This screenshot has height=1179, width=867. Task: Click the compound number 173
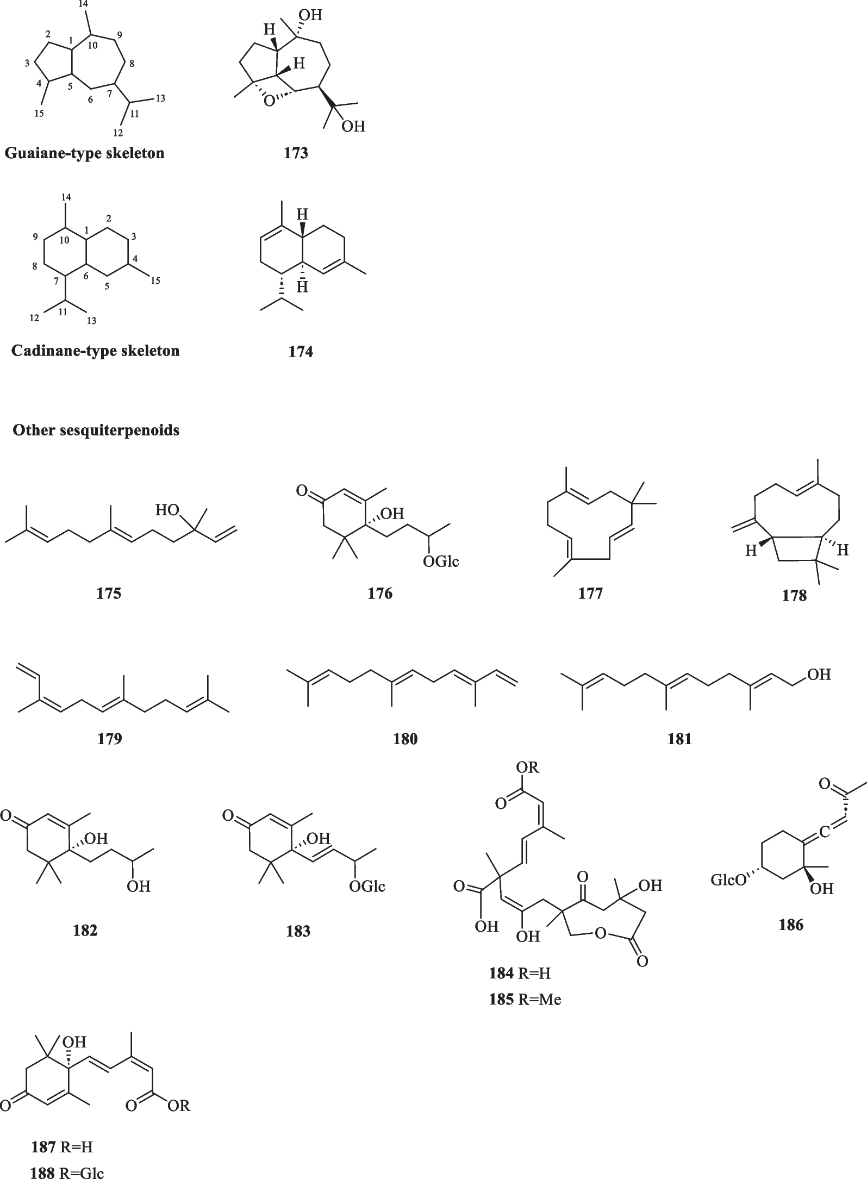296,153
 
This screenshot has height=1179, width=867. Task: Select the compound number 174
301,352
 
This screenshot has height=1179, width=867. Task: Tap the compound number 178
794,596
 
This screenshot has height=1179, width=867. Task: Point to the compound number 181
679,739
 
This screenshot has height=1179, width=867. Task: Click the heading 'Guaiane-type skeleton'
85,153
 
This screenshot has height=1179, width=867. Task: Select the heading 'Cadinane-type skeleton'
96,351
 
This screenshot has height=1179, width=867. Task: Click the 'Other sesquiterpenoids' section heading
96,431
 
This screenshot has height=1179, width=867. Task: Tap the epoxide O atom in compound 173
268,102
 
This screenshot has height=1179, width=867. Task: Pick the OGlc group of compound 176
441,561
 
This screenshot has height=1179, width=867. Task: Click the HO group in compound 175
167,510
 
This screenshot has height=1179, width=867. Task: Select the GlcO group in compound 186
729,880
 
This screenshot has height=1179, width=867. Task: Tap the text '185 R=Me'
525,999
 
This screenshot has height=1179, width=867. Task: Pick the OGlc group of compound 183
367,887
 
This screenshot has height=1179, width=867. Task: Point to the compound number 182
85,931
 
